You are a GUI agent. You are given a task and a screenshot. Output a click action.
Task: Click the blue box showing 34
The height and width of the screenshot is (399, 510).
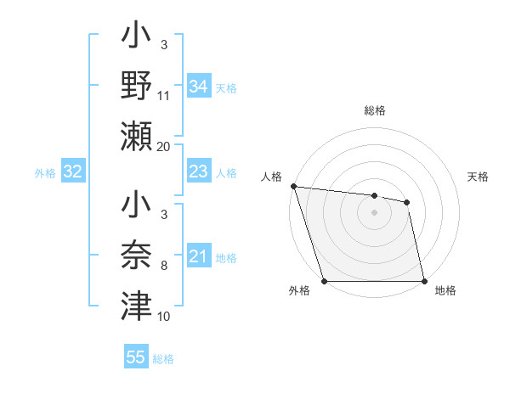click(198, 87)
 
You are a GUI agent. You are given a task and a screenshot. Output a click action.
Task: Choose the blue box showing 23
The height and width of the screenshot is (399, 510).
click(198, 172)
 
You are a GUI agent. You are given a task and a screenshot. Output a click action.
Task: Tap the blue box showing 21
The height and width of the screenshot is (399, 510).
click(198, 256)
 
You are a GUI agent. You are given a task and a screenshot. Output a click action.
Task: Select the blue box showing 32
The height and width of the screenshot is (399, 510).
click(72, 172)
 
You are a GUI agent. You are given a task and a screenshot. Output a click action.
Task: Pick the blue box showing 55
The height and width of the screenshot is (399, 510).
click(136, 357)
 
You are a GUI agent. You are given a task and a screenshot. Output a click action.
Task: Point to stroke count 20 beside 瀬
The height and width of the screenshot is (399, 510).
click(164, 147)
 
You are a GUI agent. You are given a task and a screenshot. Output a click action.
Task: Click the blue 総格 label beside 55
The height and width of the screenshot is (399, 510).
click(163, 359)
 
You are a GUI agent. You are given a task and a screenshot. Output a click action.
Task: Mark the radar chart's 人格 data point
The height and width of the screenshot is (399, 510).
click(292, 186)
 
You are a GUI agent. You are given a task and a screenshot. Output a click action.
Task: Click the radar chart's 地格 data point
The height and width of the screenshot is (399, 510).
click(424, 281)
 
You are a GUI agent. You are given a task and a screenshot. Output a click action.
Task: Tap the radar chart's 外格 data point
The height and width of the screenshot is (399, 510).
click(324, 281)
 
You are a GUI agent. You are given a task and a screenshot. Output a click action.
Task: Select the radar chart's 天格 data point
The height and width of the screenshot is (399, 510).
click(407, 202)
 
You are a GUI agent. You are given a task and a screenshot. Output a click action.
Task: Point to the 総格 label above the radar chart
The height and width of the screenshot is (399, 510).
click(374, 110)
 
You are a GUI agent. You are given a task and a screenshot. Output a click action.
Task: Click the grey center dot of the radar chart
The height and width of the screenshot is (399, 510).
click(374, 212)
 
